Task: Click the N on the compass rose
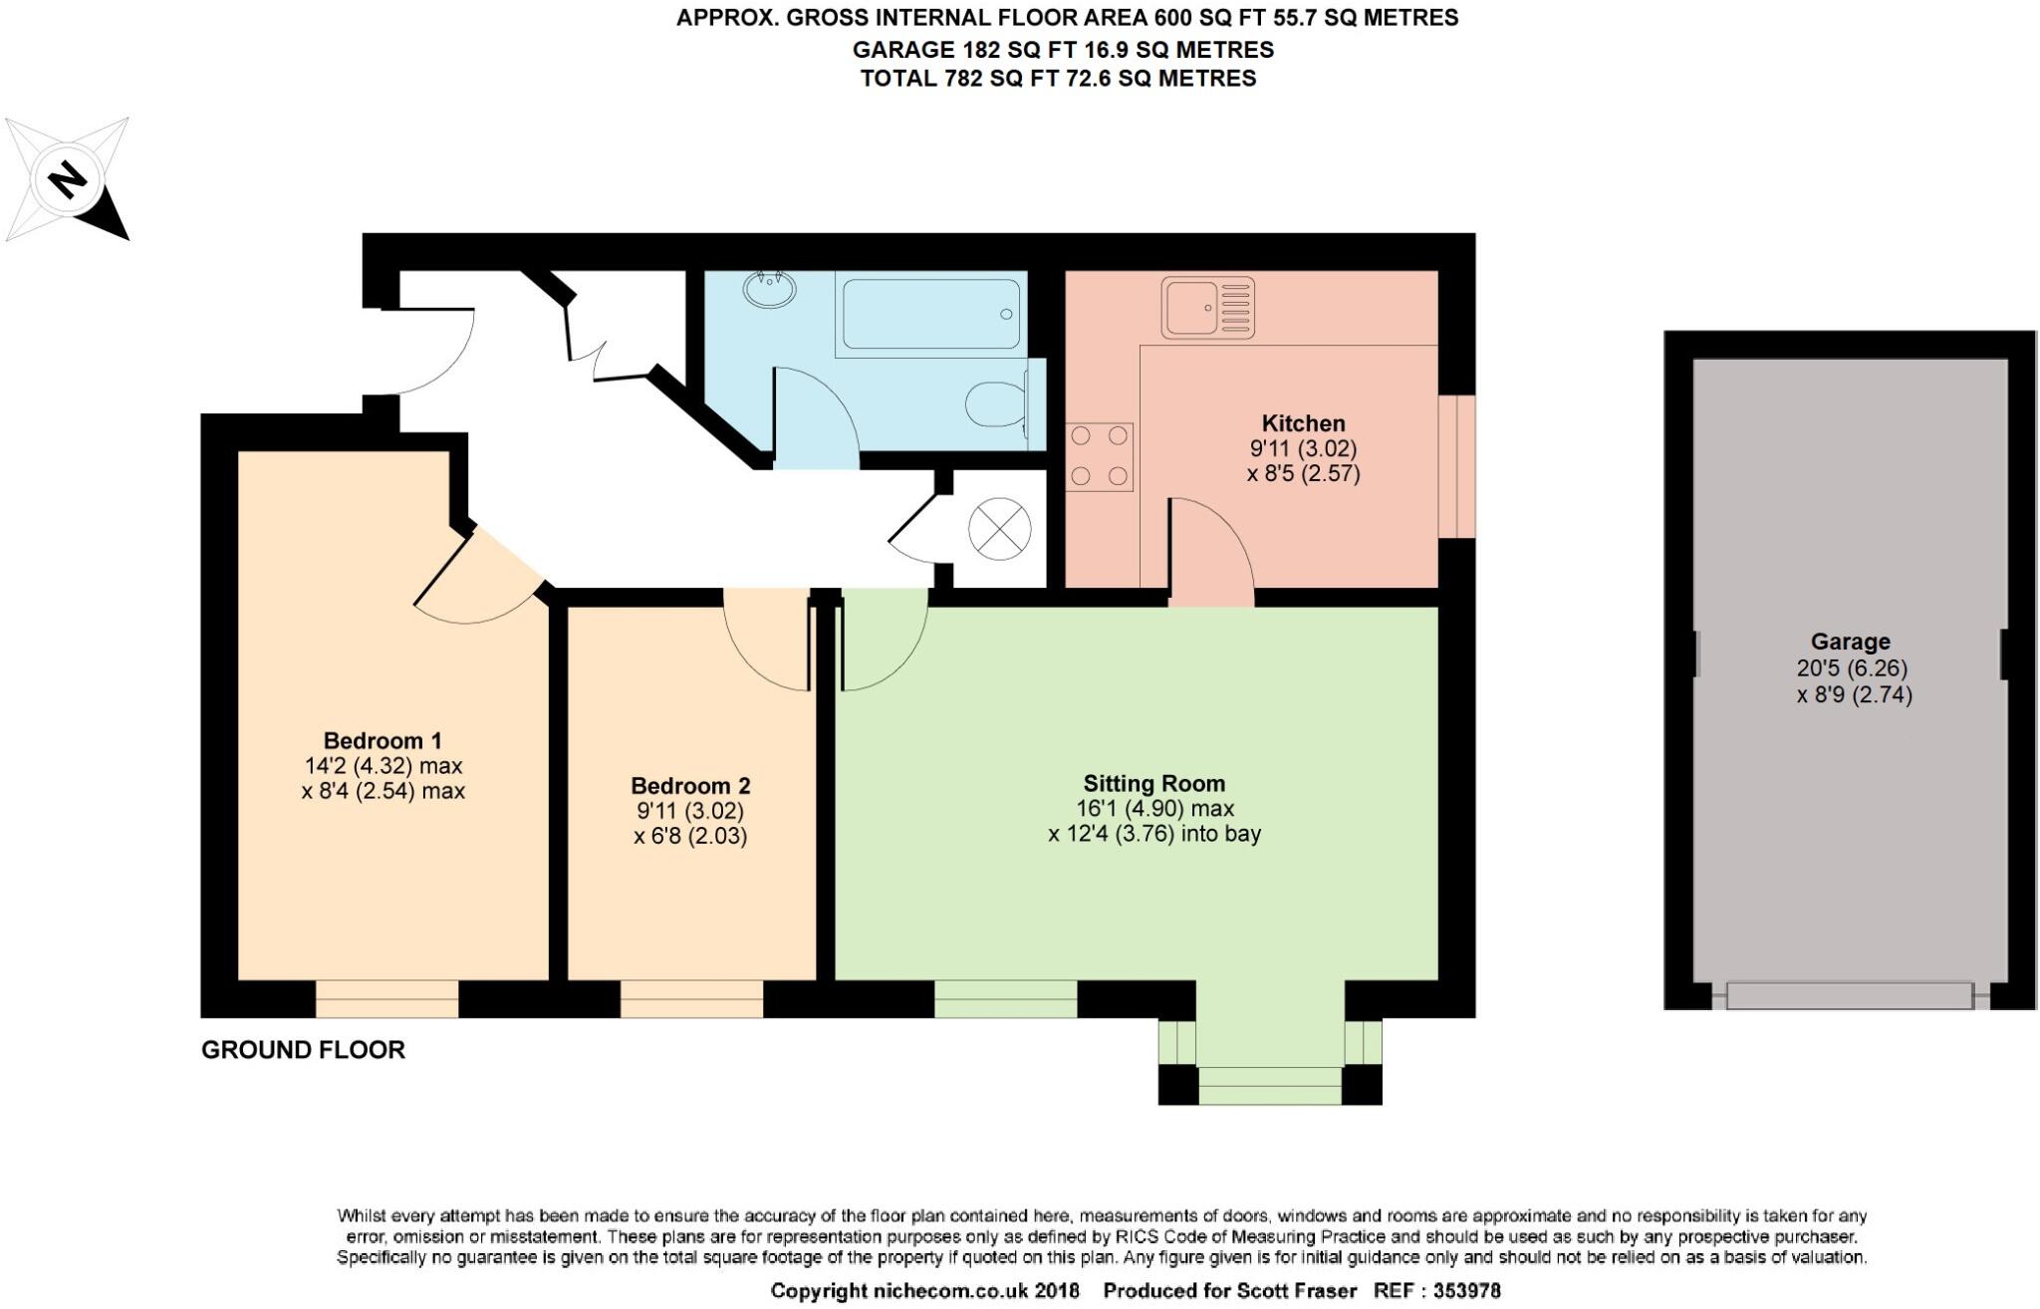tap(67, 180)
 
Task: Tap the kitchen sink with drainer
tap(1207, 307)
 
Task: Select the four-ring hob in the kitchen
tap(1099, 456)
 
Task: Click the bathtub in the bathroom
tap(929, 314)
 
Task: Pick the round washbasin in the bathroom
tap(769, 290)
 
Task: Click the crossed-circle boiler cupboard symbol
tap(999, 528)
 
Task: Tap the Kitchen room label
tap(1303, 423)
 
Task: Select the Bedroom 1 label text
tap(382, 741)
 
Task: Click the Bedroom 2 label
tap(690, 785)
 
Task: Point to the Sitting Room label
tap(1153, 784)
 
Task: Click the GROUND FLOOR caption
tap(303, 1050)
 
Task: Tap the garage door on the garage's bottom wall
tap(1849, 995)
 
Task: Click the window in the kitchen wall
tap(1456, 467)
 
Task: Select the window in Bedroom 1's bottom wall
tap(386, 998)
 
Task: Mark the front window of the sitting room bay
tap(1269, 1085)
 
